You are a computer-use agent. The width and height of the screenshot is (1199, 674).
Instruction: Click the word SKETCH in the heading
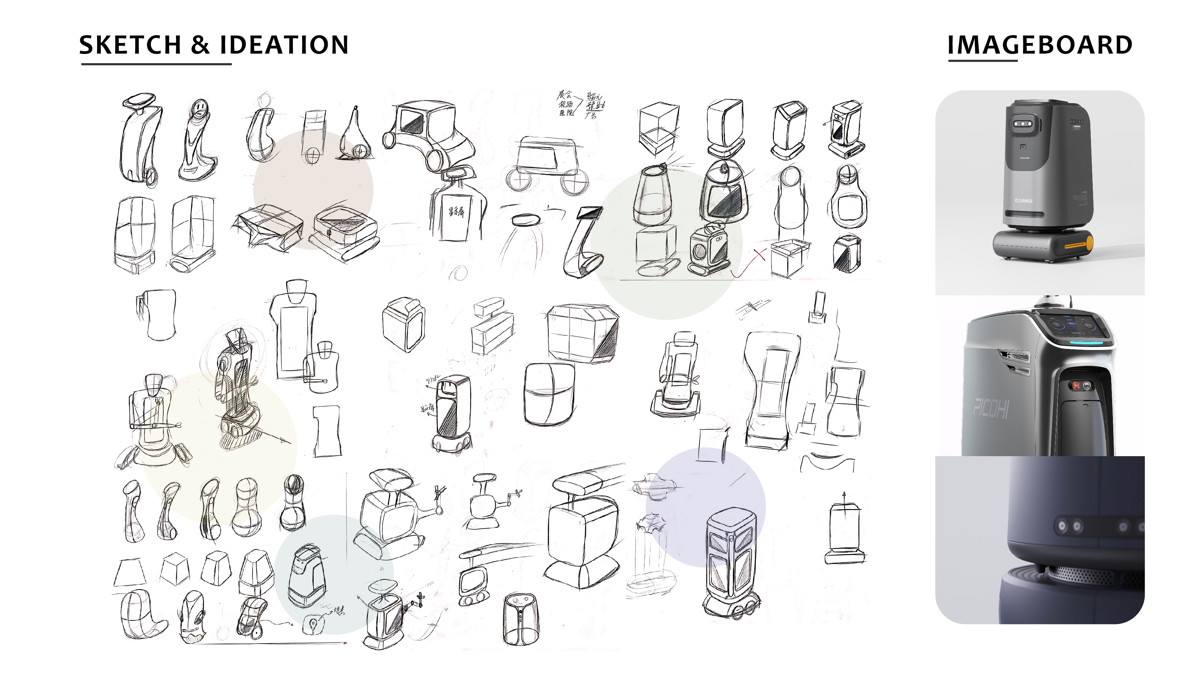pos(130,45)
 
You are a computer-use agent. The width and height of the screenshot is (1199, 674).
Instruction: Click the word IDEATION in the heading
pos(284,45)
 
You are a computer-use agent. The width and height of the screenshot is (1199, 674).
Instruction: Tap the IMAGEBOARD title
pos(1040,45)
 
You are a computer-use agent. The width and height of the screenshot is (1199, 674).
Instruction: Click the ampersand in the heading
pos(200,45)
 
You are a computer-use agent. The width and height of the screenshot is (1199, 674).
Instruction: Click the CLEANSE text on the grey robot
pos(1023,201)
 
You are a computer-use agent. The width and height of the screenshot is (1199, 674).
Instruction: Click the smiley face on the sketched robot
pos(199,109)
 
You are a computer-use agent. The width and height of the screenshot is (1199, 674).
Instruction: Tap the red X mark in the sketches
pos(760,254)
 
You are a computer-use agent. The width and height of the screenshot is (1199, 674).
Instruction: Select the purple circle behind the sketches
pos(706,507)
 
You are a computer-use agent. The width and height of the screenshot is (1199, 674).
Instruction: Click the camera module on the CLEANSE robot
pos(1024,124)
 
